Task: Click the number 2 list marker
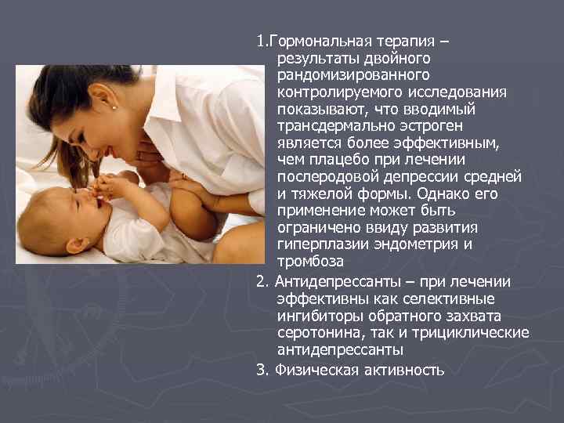point(261,281)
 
